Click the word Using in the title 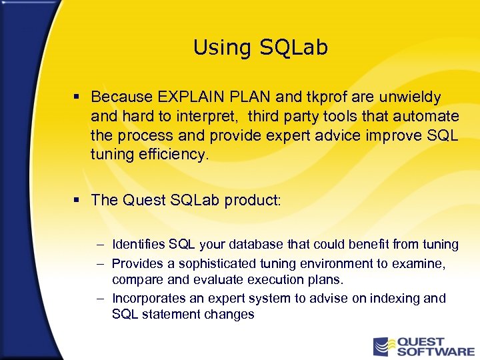[214, 48]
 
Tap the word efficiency [174, 155]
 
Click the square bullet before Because [78, 97]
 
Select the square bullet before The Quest [78, 200]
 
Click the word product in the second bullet [255, 200]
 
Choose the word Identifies [138, 245]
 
